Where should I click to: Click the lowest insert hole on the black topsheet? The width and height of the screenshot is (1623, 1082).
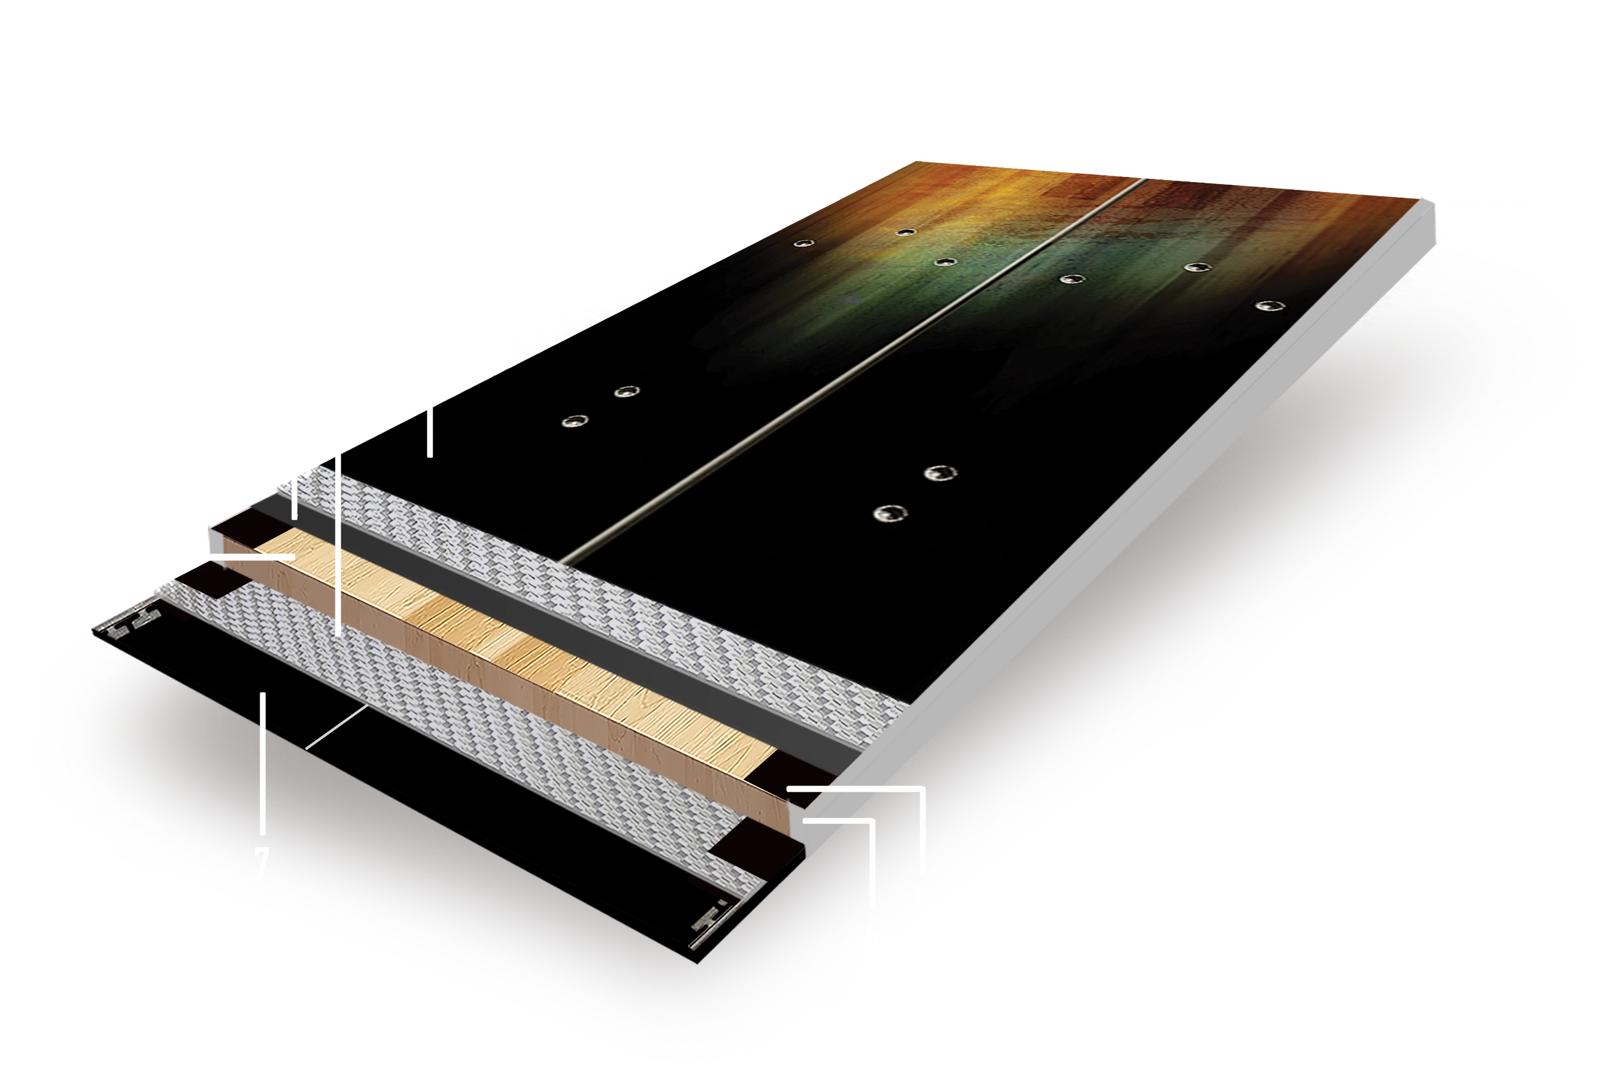[x=890, y=513]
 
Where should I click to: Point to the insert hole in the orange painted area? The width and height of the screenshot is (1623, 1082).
[x=906, y=232]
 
